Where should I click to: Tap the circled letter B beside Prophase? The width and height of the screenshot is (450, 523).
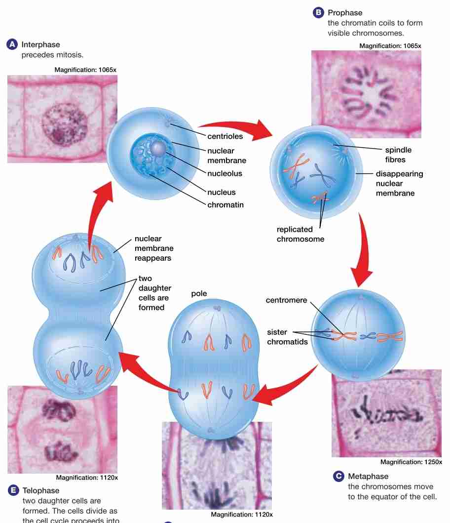click(x=318, y=13)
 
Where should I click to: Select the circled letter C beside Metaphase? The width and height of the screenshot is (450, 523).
click(x=338, y=476)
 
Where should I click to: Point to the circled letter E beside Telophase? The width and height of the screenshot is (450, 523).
click(x=13, y=490)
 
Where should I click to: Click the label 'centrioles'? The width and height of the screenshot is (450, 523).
click(x=225, y=136)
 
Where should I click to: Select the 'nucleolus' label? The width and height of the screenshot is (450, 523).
click(x=225, y=173)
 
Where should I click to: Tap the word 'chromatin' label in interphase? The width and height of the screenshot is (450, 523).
click(x=225, y=204)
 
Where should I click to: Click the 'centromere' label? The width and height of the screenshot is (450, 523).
click(x=286, y=300)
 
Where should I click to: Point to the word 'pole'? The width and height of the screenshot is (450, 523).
click(x=199, y=293)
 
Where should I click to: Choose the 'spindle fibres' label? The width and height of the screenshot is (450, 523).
click(x=398, y=155)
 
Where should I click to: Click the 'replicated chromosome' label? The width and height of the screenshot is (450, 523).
click(x=300, y=234)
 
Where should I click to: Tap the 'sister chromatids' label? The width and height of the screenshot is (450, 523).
click(x=287, y=337)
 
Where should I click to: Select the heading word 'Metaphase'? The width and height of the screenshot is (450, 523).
click(x=368, y=476)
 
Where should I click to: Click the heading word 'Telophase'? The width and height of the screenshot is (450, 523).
click(x=41, y=490)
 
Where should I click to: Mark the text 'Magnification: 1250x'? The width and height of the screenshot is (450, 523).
click(x=411, y=462)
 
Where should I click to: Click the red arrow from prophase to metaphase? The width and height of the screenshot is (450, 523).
click(x=361, y=252)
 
